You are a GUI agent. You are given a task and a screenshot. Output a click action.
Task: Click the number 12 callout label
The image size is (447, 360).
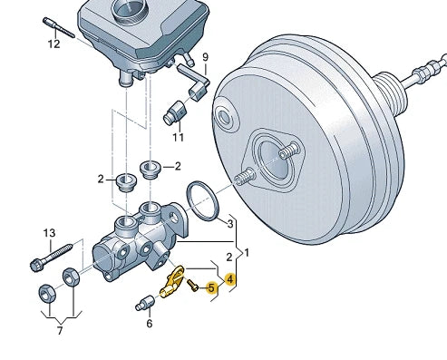point(54,44)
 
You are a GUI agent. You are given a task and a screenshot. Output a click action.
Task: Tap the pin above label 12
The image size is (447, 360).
point(59,28)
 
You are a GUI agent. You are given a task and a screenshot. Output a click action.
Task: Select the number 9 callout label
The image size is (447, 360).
point(206,57)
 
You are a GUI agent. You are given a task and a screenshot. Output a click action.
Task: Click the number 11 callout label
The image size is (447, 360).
point(179,138)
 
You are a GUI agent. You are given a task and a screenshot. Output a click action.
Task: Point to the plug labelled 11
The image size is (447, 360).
point(175,112)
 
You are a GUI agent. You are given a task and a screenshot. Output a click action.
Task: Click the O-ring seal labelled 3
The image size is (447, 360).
point(202,201)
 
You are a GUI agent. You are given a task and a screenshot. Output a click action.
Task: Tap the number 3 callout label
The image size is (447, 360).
point(230,224)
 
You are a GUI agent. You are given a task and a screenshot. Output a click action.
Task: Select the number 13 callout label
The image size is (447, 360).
point(50,233)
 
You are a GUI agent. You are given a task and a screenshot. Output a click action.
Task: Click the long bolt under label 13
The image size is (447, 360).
point(52,257)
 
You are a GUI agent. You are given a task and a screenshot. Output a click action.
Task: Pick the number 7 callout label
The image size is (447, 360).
point(60,331)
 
